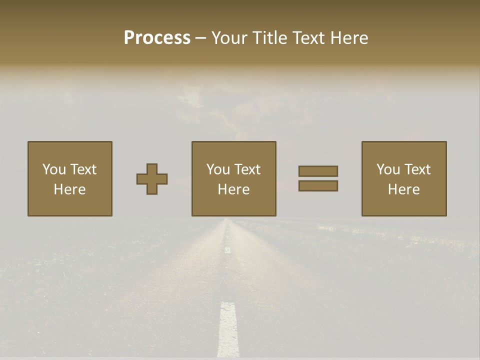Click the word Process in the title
click(x=157, y=38)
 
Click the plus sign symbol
click(x=152, y=179)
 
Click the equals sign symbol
click(x=318, y=178)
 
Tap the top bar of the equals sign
click(x=318, y=171)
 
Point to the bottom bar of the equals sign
click(x=318, y=186)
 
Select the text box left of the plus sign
click(x=69, y=178)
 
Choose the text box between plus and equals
click(x=233, y=178)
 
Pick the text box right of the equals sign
click(x=403, y=178)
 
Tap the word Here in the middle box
click(x=233, y=189)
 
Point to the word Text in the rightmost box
click(x=417, y=169)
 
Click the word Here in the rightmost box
click(x=403, y=189)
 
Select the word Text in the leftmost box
click(x=83, y=169)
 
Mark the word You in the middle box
click(x=217, y=169)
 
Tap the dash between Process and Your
click(x=200, y=38)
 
